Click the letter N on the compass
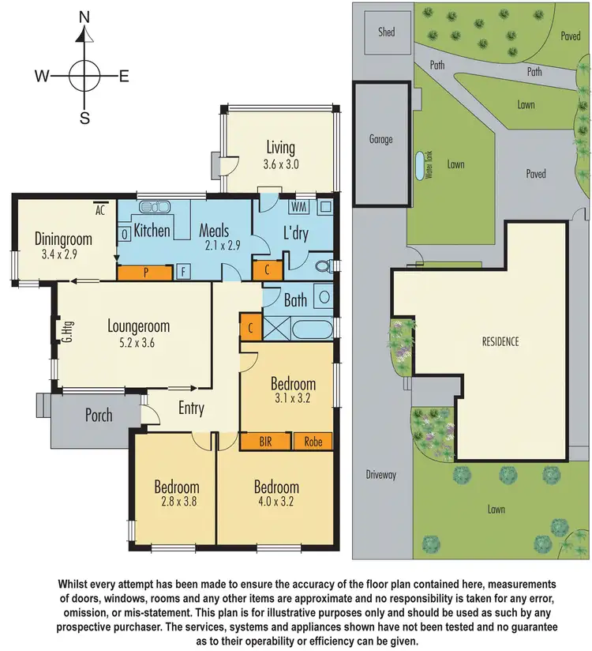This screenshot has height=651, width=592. click(x=84, y=17)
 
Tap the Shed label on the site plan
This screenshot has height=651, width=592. click(x=386, y=32)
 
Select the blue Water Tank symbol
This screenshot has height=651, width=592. click(x=418, y=165)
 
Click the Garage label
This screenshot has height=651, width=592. click(x=380, y=139)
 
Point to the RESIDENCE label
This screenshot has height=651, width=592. click(x=500, y=342)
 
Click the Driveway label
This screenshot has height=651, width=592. click(x=380, y=475)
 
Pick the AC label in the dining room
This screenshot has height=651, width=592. click(x=100, y=210)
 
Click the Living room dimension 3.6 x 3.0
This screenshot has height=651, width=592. click(x=281, y=165)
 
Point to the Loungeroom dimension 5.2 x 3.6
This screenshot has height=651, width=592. click(x=138, y=344)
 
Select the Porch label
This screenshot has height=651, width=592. click(x=99, y=416)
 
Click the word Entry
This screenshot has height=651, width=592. click(x=191, y=409)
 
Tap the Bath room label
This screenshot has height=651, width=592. click(x=295, y=300)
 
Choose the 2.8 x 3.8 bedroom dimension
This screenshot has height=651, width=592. click(x=176, y=503)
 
